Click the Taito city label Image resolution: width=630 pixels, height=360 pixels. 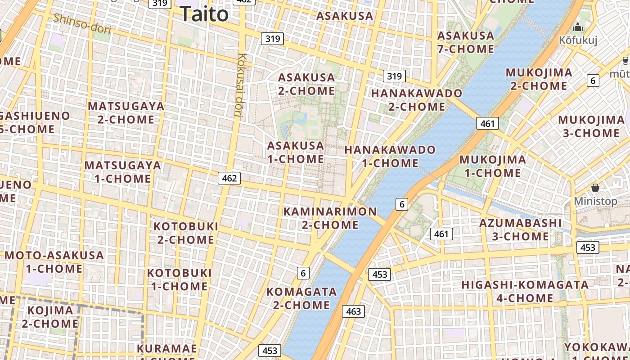204,14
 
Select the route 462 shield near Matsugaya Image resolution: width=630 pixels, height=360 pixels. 229,178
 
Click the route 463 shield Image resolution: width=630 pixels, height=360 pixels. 353,311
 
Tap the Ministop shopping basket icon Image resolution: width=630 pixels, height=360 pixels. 595,188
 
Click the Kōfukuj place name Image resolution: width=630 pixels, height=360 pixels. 578,40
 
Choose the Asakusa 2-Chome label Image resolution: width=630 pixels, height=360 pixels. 306,84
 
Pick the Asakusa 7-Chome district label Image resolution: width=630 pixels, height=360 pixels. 466,42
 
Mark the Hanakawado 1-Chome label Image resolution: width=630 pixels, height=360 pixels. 390,156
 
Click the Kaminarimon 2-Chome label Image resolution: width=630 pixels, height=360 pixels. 330,218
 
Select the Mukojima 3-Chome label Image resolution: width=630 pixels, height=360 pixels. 591,126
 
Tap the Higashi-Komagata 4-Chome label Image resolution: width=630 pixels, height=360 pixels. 525,291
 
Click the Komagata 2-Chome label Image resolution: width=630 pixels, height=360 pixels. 301,298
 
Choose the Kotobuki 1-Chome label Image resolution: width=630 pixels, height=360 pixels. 180,279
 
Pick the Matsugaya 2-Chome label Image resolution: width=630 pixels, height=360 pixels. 126,113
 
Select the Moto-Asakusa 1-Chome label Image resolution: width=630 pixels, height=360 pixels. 54,262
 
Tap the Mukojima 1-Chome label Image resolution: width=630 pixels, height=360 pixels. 493,166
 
